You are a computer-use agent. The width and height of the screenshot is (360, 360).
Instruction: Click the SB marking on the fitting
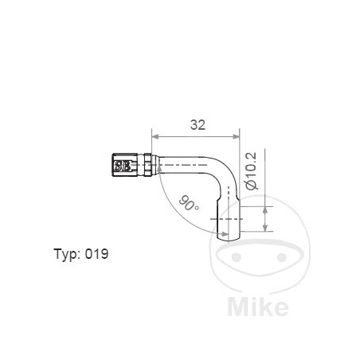pyautogui.click(x=123, y=166)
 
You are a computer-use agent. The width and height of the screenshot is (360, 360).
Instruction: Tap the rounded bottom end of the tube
pyautogui.click(x=225, y=233)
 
